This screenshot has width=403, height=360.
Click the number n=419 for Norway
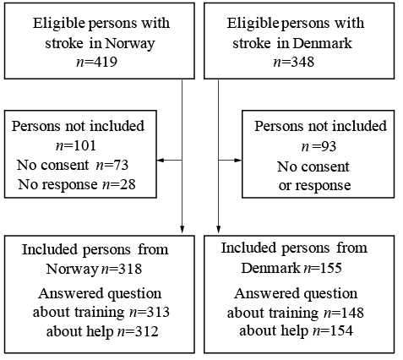[x=97, y=62]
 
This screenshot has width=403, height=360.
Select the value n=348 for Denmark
[x=294, y=62]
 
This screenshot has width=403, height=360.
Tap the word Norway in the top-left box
[x=130, y=44]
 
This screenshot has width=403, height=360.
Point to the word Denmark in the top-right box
[x=323, y=43]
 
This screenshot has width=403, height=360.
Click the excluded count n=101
[x=76, y=146]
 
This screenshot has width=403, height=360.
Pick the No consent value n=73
[x=112, y=166]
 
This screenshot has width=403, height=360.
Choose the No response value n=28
[x=118, y=185]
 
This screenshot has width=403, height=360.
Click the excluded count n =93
[x=319, y=146]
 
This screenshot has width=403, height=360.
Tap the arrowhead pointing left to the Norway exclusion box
[x=160, y=161]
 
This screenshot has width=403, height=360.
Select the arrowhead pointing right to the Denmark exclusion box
[x=238, y=161]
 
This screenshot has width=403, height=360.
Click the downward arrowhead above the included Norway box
[x=182, y=229]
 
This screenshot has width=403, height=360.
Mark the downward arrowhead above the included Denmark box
[x=218, y=229]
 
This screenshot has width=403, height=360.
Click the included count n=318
[x=122, y=269]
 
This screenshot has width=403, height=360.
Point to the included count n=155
[x=323, y=268]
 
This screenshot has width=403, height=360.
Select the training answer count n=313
[x=150, y=313]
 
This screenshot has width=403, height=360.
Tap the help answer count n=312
[x=138, y=331]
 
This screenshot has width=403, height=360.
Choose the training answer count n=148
[x=344, y=313]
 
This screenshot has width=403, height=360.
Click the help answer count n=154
[x=333, y=331]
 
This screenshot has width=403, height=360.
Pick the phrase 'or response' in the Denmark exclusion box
[x=314, y=186]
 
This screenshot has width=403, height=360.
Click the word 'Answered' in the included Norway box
[x=71, y=293]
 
